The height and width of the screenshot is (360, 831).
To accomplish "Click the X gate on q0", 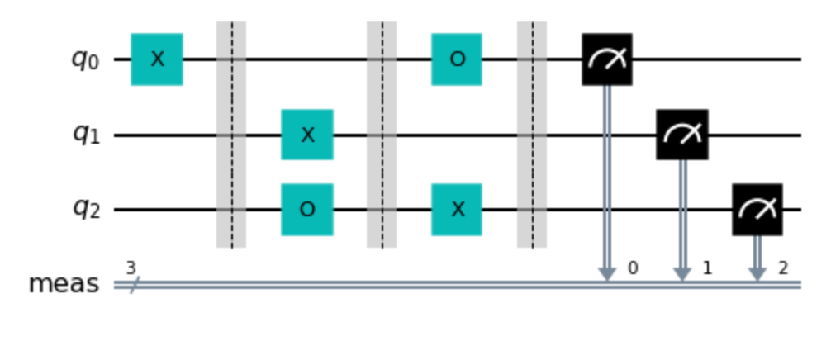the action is coord(157,59).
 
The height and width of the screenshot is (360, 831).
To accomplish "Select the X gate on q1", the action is coord(307,135).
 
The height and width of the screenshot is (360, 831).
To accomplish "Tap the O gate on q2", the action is coord(307,210).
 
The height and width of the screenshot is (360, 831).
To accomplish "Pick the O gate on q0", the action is coord(457,59).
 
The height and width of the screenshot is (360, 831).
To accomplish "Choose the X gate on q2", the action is coord(457,210).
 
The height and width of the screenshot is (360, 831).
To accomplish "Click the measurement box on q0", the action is coord(607,59).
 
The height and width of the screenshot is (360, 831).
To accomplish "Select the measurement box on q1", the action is coord(682,135).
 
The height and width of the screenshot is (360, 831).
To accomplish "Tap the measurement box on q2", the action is coord(757,210).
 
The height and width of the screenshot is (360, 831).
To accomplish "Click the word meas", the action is coord(64,284).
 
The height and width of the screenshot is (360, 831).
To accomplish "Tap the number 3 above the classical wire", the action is coord(131,268).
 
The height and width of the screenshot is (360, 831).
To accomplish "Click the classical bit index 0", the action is coord(632,268).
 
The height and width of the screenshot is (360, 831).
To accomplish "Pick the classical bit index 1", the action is coord(707,268).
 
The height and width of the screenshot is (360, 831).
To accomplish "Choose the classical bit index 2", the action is coord(783,268).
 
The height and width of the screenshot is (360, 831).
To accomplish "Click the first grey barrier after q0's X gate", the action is coord(231,135).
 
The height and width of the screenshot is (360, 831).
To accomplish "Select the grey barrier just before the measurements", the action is coord(532,135).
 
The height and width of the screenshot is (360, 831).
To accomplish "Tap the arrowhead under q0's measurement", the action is coord(607,274).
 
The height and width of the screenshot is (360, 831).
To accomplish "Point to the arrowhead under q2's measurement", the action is coord(757,274).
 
